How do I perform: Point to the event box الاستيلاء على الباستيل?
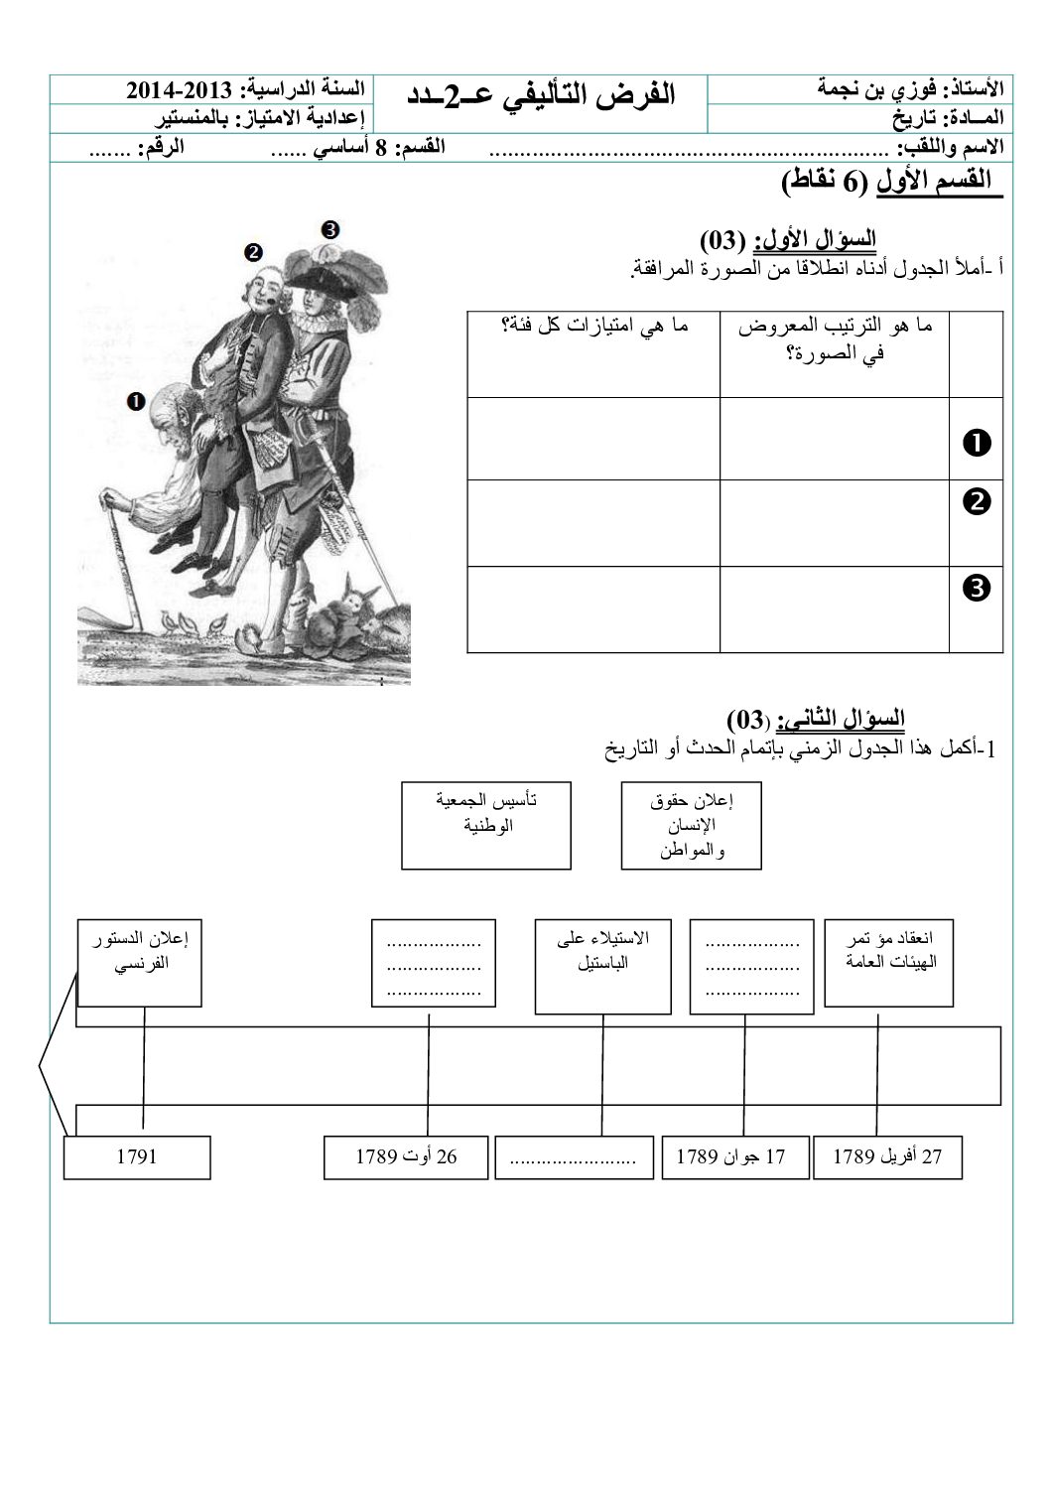coord(604,966)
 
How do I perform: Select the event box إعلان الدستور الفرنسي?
coord(140,962)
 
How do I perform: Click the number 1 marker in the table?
coord(976,441)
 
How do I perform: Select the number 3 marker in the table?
coord(976,589)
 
